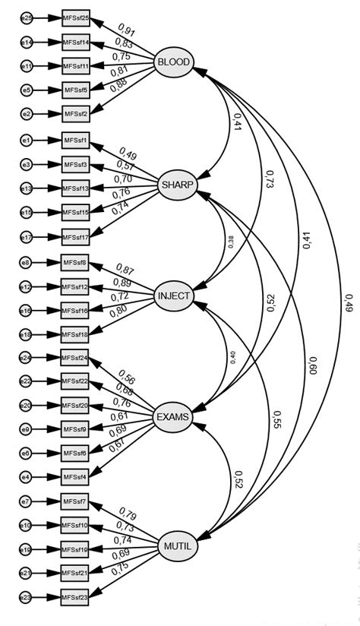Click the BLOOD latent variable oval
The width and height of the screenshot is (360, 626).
tap(174, 62)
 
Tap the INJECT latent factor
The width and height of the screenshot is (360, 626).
tap(174, 295)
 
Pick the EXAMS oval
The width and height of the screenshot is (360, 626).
tap(173, 416)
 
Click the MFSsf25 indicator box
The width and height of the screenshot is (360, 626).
tap(75, 17)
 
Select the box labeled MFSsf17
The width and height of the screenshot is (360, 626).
tap(75, 238)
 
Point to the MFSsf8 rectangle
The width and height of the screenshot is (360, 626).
tap(75, 264)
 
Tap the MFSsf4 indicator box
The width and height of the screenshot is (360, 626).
tap(75, 476)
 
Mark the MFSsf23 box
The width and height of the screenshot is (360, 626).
tap(75, 598)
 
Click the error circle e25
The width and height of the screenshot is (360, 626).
tap(26, 17)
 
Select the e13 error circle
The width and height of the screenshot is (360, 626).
tap(26, 188)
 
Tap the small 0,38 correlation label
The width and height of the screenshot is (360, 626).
tap(231, 242)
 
